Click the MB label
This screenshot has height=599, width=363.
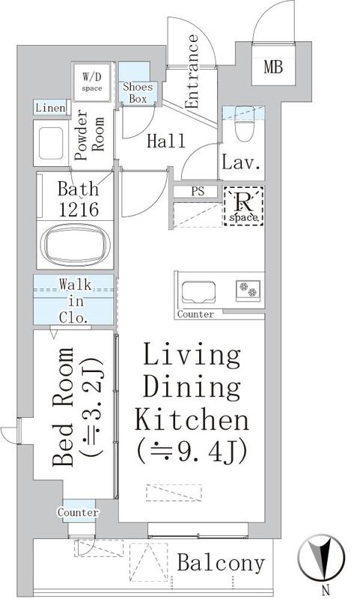(273, 67)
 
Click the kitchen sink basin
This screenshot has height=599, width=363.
(198, 292)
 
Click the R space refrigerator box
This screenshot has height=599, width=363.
(243, 205)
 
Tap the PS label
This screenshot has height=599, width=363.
(198, 192)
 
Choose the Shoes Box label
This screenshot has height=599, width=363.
(138, 92)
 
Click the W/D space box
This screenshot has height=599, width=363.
(92, 82)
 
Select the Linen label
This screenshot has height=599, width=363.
(50, 108)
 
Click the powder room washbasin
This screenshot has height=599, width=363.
(51, 143)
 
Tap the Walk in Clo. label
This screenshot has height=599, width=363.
(76, 302)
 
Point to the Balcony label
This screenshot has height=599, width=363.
(221, 563)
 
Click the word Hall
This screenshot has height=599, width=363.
(166, 141)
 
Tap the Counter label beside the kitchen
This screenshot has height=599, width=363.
(195, 314)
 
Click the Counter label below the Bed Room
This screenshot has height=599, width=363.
(79, 512)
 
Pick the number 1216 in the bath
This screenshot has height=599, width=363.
(79, 209)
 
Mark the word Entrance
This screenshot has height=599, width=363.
(192, 71)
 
